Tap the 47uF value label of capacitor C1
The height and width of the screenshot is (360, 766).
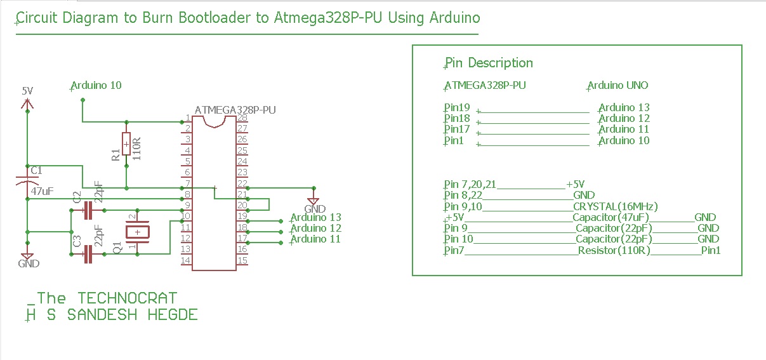[x=42, y=190]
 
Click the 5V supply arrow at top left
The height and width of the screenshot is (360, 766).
[x=27, y=103]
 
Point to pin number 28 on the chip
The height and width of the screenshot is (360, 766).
[x=242, y=118]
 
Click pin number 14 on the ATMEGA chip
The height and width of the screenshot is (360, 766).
[x=186, y=260]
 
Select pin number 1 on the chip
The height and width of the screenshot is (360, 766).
[x=187, y=118]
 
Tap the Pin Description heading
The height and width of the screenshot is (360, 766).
[x=489, y=63]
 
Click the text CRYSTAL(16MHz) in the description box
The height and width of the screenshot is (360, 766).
[x=615, y=206]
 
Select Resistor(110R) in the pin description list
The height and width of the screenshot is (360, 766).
[x=614, y=250]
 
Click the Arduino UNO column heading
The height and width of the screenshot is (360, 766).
[x=617, y=86]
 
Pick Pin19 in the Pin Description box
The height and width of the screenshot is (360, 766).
[x=457, y=108]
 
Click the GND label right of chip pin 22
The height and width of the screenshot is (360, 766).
[x=315, y=209]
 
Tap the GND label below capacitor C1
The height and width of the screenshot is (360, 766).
[x=29, y=263]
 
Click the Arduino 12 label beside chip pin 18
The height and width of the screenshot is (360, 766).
[x=316, y=228]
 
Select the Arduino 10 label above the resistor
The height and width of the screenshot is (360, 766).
[x=96, y=85]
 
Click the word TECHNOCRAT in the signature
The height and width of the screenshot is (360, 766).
[x=127, y=298]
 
